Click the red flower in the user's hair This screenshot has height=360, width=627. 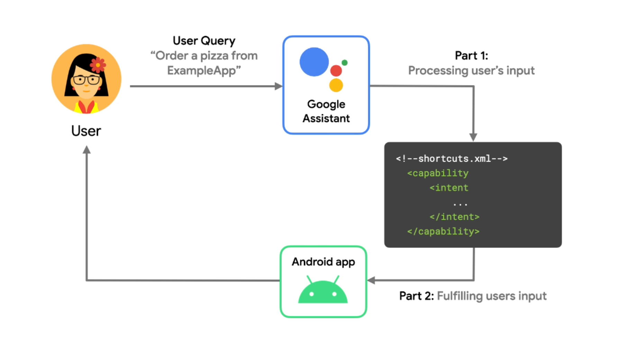pyautogui.click(x=98, y=65)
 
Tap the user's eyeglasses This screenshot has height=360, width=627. pyautogui.click(x=87, y=80)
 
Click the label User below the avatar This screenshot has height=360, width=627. pyautogui.click(x=86, y=131)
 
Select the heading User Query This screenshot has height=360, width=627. pyautogui.click(x=204, y=41)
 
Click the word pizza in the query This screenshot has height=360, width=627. pyautogui.click(x=214, y=56)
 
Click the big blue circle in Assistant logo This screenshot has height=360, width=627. pyautogui.click(x=314, y=62)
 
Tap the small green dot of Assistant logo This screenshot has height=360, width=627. pyautogui.click(x=344, y=63)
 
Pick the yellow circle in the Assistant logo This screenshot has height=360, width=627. pyautogui.click(x=336, y=85)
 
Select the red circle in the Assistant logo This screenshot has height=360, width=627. pyautogui.click(x=336, y=71)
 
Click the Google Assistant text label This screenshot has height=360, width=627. pyautogui.click(x=326, y=111)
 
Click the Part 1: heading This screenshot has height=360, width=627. pyautogui.click(x=471, y=55)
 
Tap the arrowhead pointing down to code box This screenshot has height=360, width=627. pyautogui.click(x=473, y=137)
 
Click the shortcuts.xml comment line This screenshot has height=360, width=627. pyautogui.click(x=452, y=159)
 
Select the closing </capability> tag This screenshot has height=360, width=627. pyautogui.click(x=443, y=231)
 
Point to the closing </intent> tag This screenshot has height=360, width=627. pyautogui.click(x=454, y=217)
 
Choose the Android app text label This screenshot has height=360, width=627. pyautogui.click(x=323, y=262)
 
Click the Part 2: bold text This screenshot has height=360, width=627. pyautogui.click(x=416, y=296)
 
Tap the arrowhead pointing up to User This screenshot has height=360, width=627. pyautogui.click(x=87, y=150)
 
